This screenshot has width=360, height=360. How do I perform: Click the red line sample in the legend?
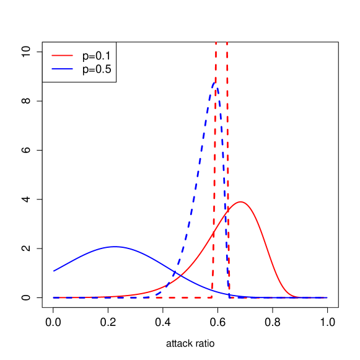(x=62, y=55)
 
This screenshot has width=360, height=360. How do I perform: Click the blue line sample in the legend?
(x=62, y=68)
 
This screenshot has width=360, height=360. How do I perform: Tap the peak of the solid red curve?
(x=240, y=201)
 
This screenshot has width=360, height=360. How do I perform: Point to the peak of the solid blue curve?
(x=115, y=247)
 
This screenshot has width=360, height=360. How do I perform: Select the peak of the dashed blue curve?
(x=216, y=81)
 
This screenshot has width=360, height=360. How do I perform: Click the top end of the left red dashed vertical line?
(x=216, y=42)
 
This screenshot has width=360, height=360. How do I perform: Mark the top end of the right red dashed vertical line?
(x=227, y=42)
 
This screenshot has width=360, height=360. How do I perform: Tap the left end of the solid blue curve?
(x=53, y=271)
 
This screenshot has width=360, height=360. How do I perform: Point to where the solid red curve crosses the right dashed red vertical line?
(x=227, y=208)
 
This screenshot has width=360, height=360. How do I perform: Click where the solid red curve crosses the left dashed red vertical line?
(x=214, y=231)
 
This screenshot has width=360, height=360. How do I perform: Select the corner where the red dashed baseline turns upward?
(x=213, y=297)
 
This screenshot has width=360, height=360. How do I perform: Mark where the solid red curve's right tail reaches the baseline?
(x=297, y=297)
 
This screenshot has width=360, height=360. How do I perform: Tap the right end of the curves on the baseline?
(x=327, y=297)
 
